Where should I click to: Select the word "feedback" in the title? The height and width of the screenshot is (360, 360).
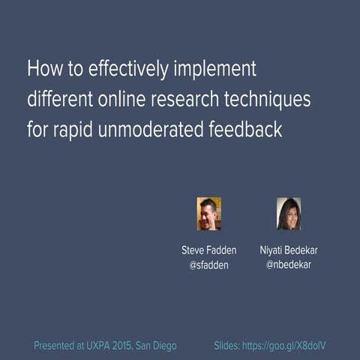click(247, 129)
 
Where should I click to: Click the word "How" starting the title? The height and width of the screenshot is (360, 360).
click(42, 69)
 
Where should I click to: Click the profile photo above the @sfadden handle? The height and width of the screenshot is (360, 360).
click(208, 214)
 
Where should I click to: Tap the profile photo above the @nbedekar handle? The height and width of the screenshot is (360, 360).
click(289, 214)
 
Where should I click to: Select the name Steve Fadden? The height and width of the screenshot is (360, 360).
click(208, 250)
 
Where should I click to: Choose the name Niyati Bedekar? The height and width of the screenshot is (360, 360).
click(289, 250)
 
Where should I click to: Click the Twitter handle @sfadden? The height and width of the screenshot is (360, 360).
click(208, 265)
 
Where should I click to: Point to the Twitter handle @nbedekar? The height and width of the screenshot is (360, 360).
click(289, 265)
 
